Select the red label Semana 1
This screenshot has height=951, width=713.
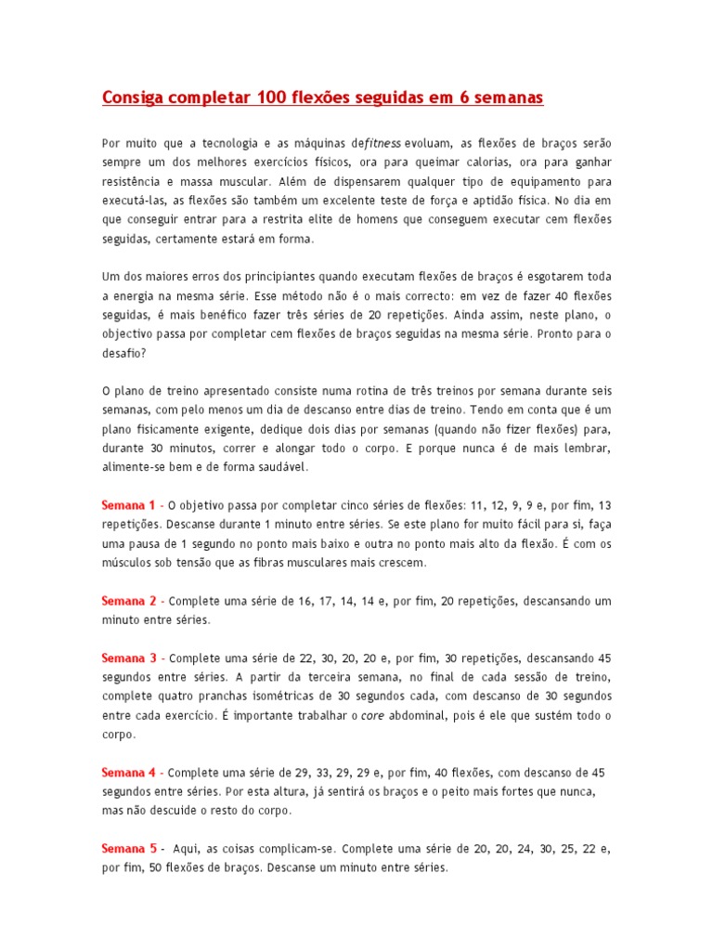[128, 505]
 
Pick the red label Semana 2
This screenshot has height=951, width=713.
[128, 601]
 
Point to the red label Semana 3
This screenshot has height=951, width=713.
[128, 658]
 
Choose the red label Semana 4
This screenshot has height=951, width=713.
[128, 772]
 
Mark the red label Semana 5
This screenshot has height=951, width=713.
[128, 849]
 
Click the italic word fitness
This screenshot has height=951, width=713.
[382, 143]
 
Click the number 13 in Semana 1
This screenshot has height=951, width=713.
[605, 505]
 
